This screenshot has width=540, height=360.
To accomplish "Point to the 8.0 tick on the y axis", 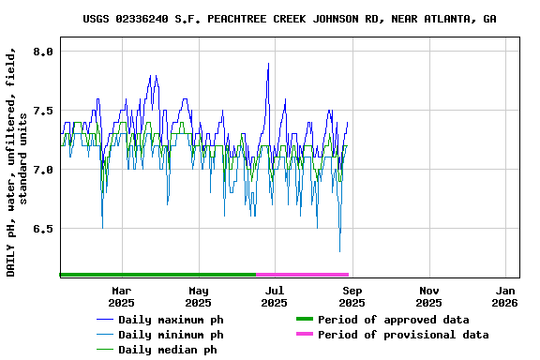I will click(x=43, y=52).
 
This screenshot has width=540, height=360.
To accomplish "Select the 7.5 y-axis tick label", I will click(x=43, y=111).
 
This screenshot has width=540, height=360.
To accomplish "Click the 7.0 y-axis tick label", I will click(x=43, y=170).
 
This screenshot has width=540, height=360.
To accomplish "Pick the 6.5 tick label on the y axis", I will click(x=43, y=229).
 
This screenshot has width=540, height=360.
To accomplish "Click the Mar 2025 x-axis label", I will click(x=121, y=296).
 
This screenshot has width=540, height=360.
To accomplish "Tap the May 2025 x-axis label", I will click(x=198, y=296).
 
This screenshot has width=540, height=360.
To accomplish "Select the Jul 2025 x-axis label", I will click(x=275, y=296).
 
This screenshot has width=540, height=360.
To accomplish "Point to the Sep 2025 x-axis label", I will click(x=352, y=296).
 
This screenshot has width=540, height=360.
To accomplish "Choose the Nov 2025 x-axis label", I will click(x=428, y=296).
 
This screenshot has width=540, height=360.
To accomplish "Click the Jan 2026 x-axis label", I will click(x=504, y=296).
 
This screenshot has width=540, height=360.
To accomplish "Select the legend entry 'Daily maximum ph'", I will click(x=171, y=320).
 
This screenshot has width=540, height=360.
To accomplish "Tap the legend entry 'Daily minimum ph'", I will click(x=171, y=335).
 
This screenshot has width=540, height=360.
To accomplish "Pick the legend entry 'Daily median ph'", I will click(x=167, y=350).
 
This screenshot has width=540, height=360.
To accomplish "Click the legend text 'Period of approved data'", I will click(x=393, y=320).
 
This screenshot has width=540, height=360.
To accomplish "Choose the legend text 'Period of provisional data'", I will click(x=403, y=335).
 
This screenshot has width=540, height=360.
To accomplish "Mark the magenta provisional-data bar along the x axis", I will click(x=302, y=275).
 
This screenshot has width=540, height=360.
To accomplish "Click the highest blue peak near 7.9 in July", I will click(x=268, y=64).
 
